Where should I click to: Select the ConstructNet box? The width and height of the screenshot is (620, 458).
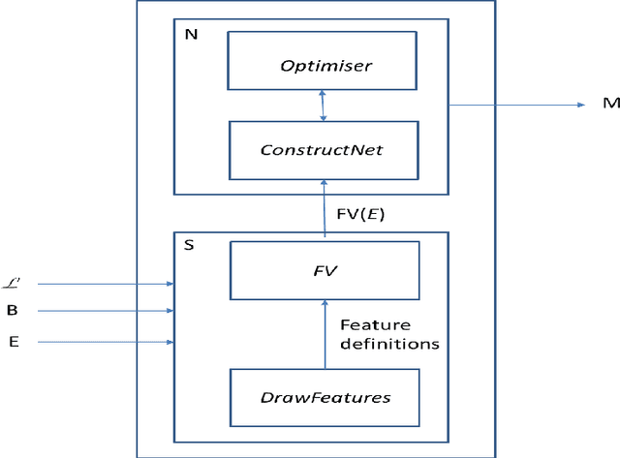point(324,150)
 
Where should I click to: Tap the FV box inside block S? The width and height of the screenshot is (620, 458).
point(324,271)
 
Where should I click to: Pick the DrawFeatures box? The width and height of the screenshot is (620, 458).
point(324,396)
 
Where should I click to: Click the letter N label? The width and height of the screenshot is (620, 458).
point(190,34)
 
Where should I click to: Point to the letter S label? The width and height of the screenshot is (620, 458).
point(189,246)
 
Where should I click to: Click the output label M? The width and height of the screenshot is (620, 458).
point(605,105)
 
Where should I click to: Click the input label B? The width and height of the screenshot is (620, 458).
point(13,312)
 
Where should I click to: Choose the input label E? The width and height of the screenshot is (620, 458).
point(13,342)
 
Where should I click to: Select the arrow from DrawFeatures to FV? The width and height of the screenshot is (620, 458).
point(324,334)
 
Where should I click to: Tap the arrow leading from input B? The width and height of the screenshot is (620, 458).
point(97,312)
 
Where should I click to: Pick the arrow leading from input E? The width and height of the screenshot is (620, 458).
point(97,342)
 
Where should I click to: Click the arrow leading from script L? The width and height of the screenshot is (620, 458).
point(97,284)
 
